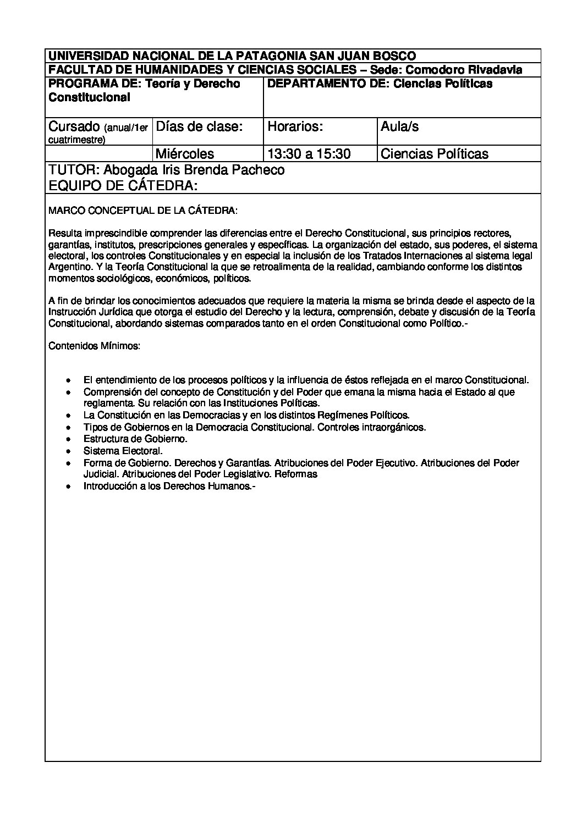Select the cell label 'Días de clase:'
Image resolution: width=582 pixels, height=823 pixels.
coord(199,126)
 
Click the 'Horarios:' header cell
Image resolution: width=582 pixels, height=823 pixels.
coord(295,126)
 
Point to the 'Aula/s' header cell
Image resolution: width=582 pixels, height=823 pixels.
coord(399,126)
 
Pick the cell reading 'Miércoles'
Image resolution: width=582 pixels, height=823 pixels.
coord(185,153)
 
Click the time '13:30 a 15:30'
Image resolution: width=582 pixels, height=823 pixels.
coord(309,153)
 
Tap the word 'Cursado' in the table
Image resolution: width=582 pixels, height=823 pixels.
coord(74,126)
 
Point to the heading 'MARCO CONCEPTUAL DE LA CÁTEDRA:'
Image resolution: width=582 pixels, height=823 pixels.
coord(144,211)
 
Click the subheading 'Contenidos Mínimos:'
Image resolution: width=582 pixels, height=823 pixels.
coord(94,346)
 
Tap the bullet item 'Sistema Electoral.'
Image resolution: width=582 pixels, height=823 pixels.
coord(123,451)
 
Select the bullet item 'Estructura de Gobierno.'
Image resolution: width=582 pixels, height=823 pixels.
coord(135,439)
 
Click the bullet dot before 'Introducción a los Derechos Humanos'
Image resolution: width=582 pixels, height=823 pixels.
coord(68,487)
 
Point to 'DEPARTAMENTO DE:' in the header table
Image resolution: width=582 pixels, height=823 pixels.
coord(327,84)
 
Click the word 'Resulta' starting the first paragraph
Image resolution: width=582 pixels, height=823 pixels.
coord(64,233)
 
